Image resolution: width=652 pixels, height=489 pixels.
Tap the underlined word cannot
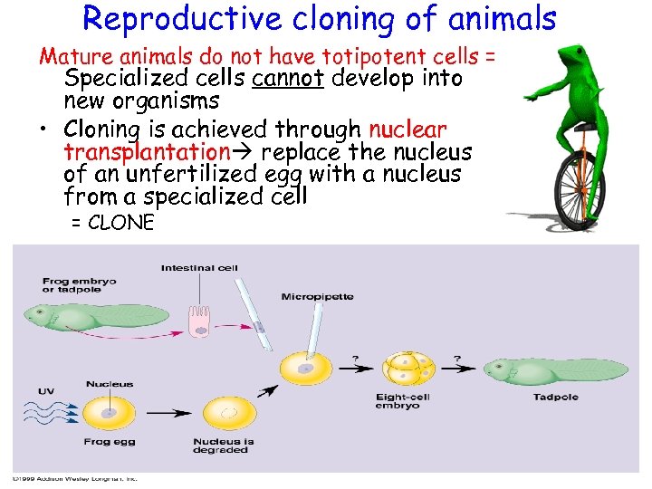pos(287,79)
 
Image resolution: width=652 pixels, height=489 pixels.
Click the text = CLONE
pos(112,222)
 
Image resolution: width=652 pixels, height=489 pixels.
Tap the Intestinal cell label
pos(199,267)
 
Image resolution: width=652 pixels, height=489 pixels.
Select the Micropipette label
pos(317,296)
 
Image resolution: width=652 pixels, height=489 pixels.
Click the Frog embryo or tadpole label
pos(79,286)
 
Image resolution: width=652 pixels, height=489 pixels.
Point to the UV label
pos(44,391)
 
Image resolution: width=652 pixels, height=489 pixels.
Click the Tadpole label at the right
pos(556,397)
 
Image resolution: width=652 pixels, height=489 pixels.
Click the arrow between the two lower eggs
pos(168,414)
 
